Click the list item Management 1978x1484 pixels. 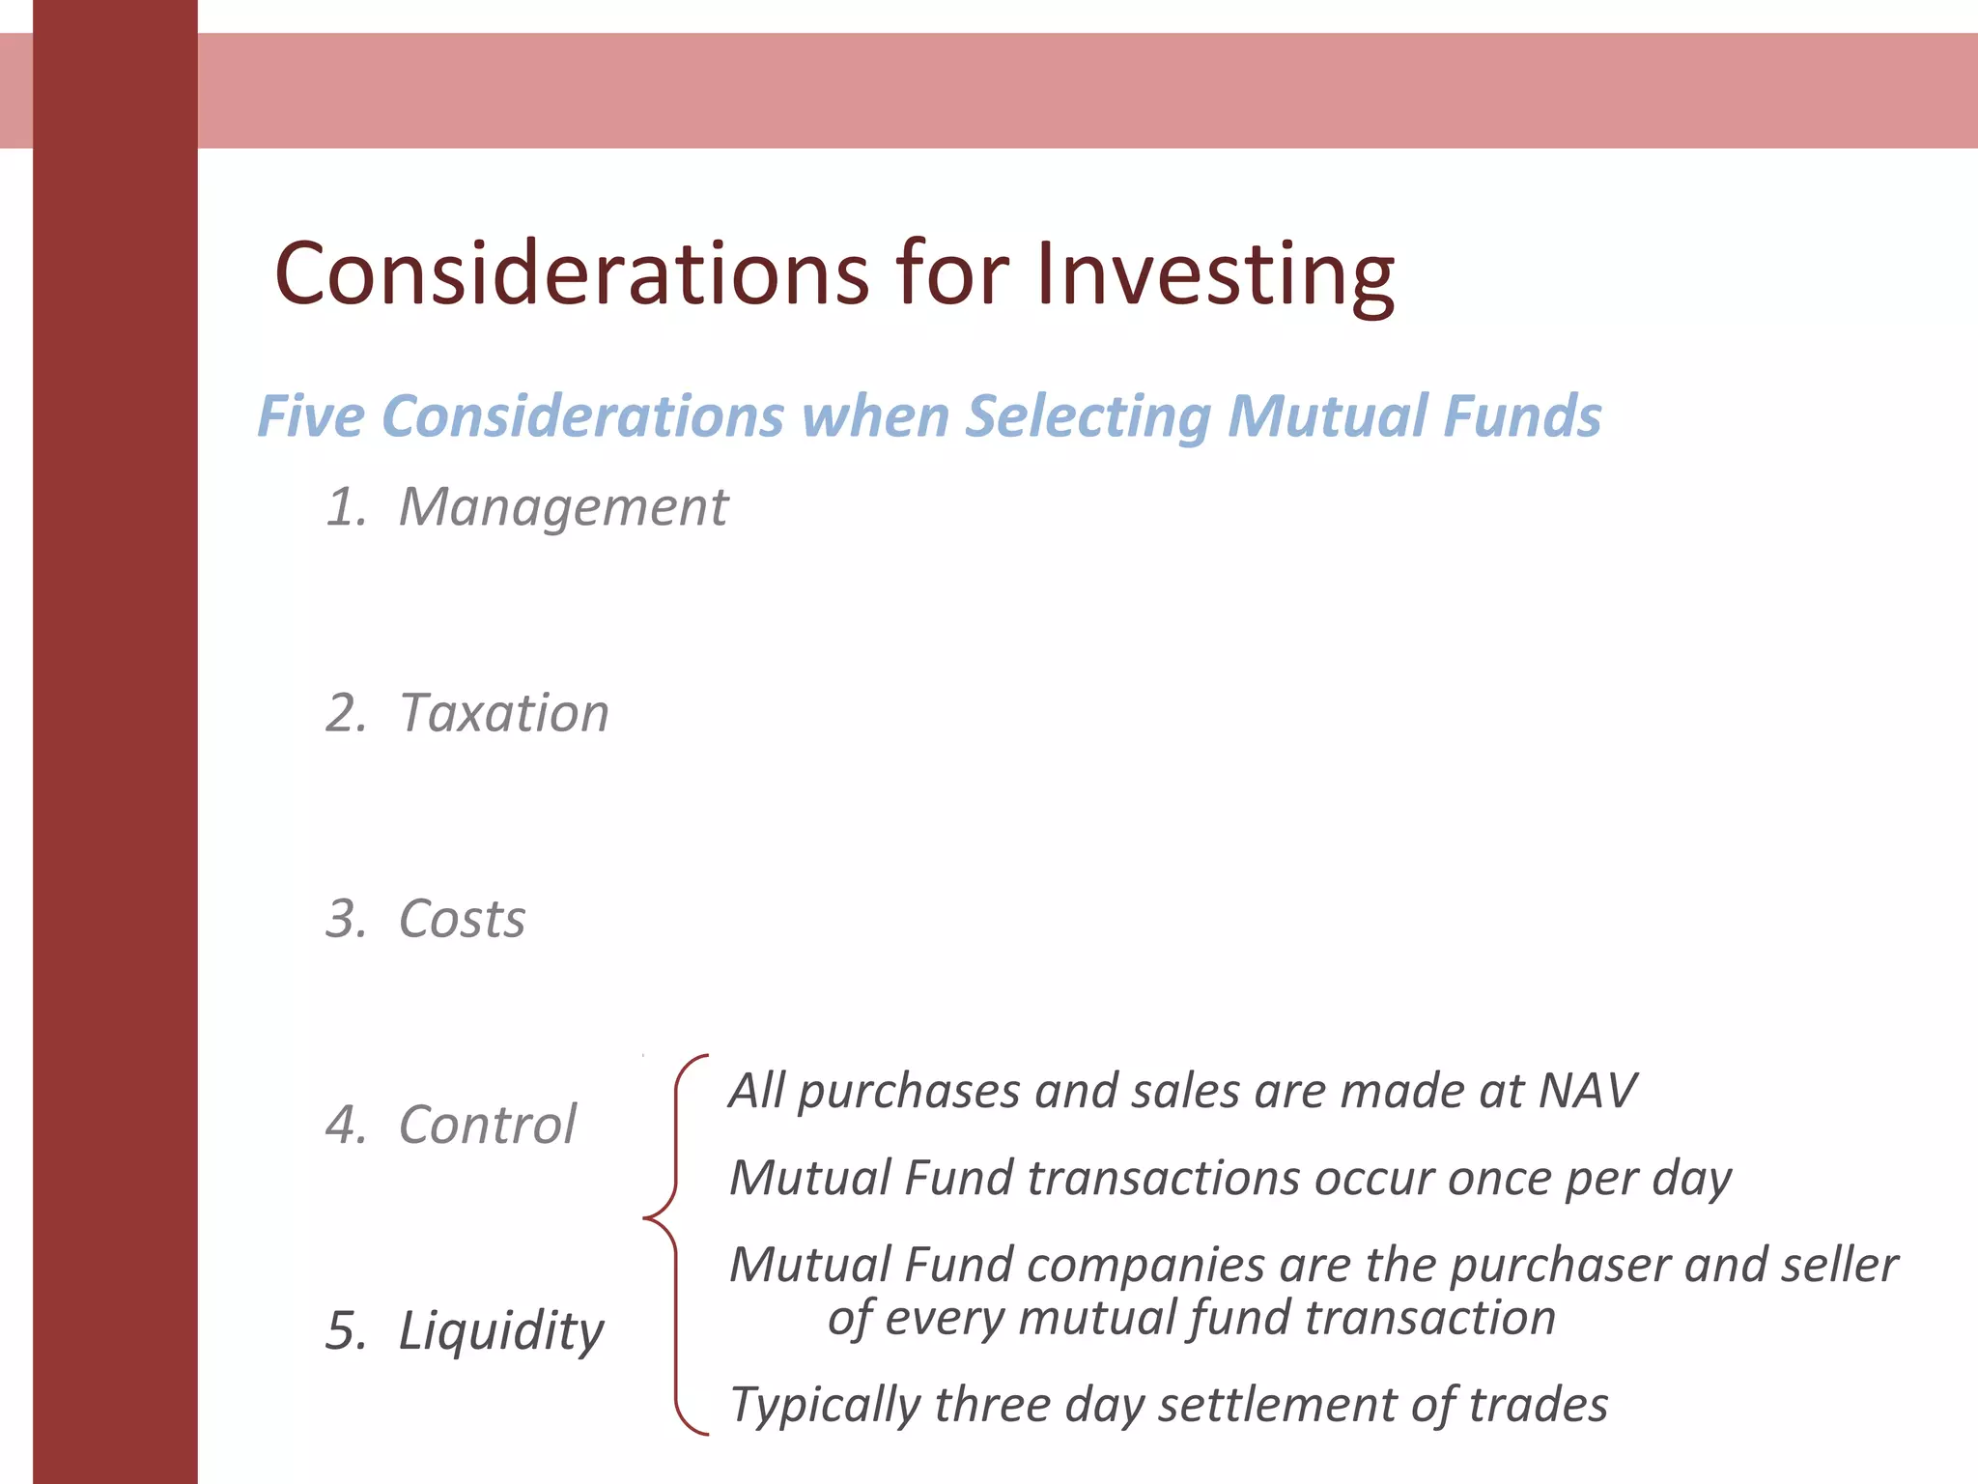coord(563,507)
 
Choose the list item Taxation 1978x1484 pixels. coord(504,713)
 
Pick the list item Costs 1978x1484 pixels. coord(462,919)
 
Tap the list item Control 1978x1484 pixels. coord(487,1125)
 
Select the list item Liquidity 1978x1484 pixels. coord(500,1331)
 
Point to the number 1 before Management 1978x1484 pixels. coord(343,507)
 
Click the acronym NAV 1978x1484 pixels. coord(1586,1091)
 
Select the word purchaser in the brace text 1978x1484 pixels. coord(1556,1266)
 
